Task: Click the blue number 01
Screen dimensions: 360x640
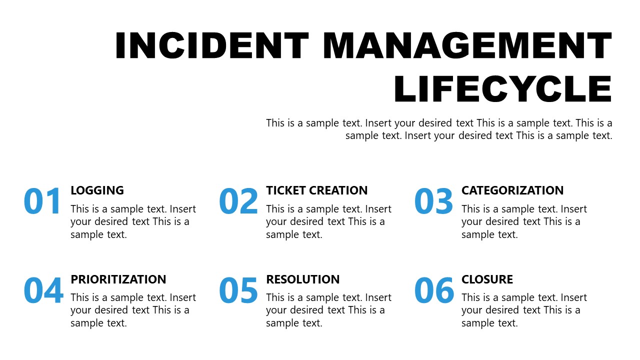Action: tap(42, 201)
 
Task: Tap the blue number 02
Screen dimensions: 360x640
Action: tap(238, 201)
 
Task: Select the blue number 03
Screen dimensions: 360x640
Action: tap(434, 201)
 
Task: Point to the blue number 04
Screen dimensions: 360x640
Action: tap(43, 290)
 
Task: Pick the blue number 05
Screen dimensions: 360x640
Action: tap(238, 290)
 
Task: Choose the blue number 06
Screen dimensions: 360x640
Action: tap(434, 290)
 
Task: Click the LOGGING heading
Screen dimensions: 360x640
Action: tap(97, 190)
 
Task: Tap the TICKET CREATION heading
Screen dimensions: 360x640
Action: tap(316, 190)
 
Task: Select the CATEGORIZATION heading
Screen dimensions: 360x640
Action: tap(512, 190)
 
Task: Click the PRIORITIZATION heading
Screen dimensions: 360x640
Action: tap(118, 279)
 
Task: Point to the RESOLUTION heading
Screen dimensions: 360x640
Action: tap(302, 279)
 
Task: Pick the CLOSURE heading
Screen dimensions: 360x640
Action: tap(487, 279)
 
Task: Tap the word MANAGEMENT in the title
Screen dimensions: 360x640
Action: tap(467, 45)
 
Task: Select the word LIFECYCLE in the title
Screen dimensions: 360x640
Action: tap(503, 89)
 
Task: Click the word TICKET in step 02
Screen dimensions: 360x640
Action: tap(283, 190)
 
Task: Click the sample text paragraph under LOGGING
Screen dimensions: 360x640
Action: tap(133, 221)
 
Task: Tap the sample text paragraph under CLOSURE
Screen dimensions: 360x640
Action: tap(524, 310)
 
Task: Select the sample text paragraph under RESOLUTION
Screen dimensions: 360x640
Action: tap(328, 310)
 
